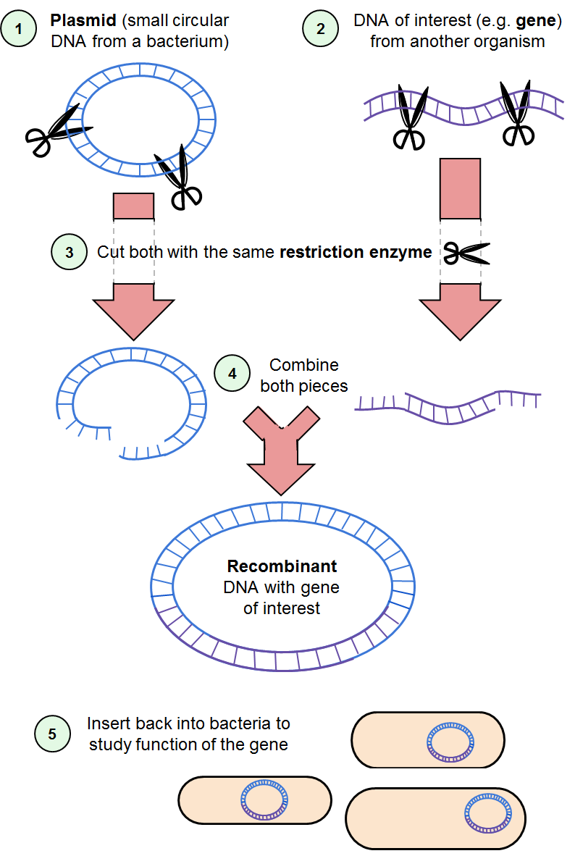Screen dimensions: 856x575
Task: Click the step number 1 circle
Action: point(19,30)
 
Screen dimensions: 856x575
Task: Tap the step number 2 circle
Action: point(320,30)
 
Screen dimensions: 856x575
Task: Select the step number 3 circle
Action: point(70,253)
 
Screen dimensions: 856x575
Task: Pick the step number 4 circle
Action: point(232,374)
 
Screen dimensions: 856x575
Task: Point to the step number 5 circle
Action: point(52,734)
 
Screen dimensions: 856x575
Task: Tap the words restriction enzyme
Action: point(356,253)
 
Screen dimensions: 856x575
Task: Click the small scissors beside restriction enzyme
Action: point(466,253)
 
